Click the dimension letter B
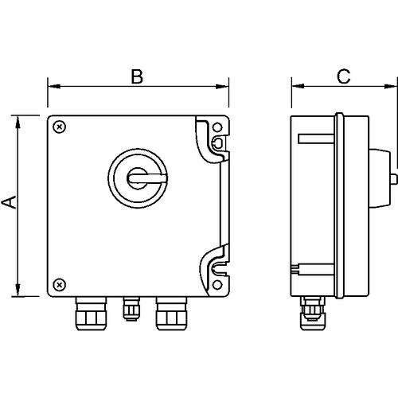[x=137, y=76]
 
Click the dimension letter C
[x=343, y=76]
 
